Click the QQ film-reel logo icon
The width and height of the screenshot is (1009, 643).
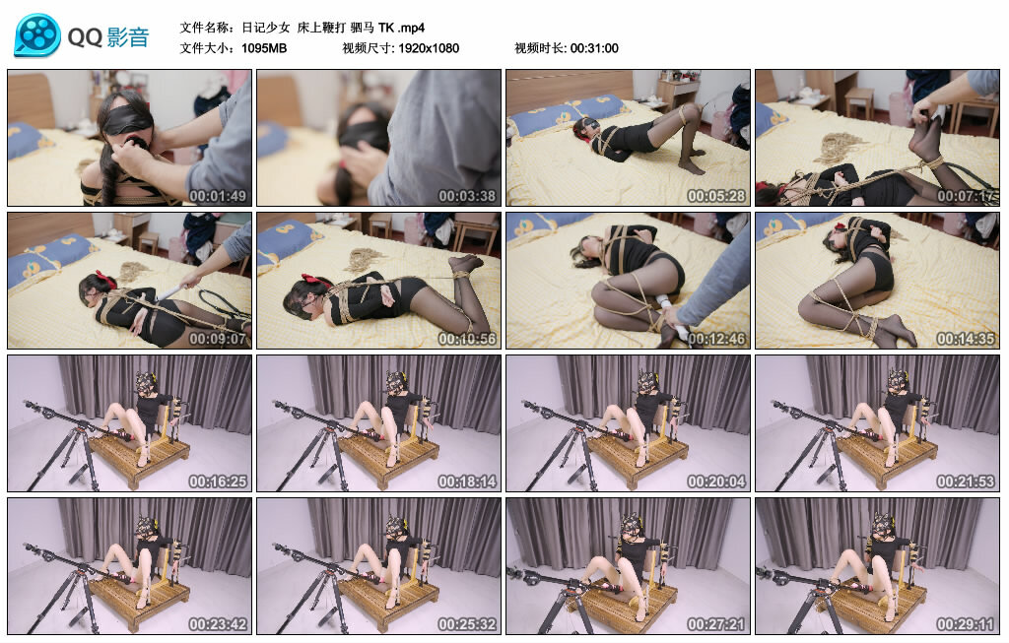click(37, 36)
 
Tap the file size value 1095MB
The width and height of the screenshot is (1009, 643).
click(264, 48)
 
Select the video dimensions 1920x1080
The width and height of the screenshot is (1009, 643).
click(429, 48)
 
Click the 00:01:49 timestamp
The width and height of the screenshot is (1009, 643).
click(218, 196)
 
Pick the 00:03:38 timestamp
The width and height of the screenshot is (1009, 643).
click(467, 196)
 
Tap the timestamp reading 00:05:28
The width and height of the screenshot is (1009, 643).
click(716, 196)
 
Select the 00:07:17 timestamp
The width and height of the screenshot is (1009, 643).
click(966, 196)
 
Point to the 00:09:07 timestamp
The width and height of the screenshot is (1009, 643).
click(218, 339)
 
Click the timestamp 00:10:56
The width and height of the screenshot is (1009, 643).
click(467, 339)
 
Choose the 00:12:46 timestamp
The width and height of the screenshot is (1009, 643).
click(716, 339)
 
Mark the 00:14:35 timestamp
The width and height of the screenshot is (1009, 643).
click(966, 339)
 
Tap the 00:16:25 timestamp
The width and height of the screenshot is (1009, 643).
click(218, 482)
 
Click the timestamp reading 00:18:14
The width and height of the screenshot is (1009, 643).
click(467, 482)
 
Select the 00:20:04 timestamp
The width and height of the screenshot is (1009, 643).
click(716, 482)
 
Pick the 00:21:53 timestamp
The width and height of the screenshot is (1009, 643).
click(966, 482)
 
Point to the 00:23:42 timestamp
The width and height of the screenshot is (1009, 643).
click(218, 624)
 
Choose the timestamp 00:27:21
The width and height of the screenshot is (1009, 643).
click(716, 624)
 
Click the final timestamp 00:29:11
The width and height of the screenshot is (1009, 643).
click(966, 624)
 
